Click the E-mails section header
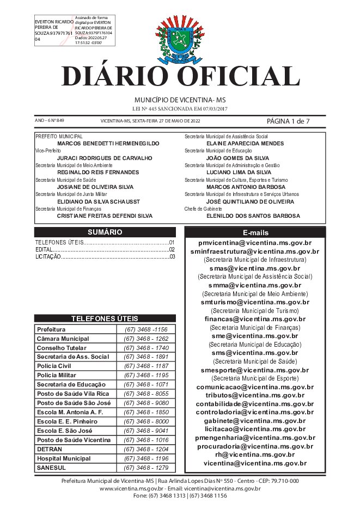pyautogui.click(x=255, y=232)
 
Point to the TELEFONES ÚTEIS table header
pyautogui.click(x=105, y=318)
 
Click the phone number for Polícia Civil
pyautogui.click(x=146, y=366)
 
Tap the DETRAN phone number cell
pyautogui.click(x=146, y=449)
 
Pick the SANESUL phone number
pyautogui.click(x=146, y=468)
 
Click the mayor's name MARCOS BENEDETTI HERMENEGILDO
pyautogui.click(x=108, y=143)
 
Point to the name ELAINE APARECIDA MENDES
pyautogui.click(x=245, y=143)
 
